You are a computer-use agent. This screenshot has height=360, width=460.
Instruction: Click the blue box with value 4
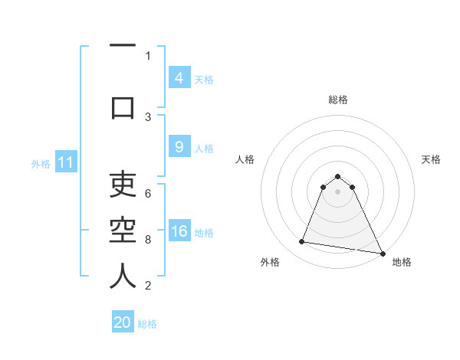point(179,78)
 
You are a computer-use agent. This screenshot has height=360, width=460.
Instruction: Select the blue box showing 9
point(179,148)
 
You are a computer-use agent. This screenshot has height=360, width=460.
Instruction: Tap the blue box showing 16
point(179,232)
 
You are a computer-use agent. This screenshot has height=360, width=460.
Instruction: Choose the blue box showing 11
point(66,163)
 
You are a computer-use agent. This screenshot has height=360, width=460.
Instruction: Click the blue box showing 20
point(123,322)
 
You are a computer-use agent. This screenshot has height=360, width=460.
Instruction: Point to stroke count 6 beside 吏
point(148,194)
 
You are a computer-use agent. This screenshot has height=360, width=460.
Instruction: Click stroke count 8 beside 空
point(148,240)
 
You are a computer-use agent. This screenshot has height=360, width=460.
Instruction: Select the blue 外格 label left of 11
point(41,164)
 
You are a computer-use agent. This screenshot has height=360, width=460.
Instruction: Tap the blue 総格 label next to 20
point(147,323)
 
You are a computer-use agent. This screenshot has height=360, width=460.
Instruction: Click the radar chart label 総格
point(337,100)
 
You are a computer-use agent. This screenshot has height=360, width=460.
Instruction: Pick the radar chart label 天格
point(432,159)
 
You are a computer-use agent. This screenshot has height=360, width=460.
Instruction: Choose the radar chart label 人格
point(245,159)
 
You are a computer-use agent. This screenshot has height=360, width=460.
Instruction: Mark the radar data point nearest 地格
point(381,252)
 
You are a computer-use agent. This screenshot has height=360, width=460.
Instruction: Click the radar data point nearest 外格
point(302,242)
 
